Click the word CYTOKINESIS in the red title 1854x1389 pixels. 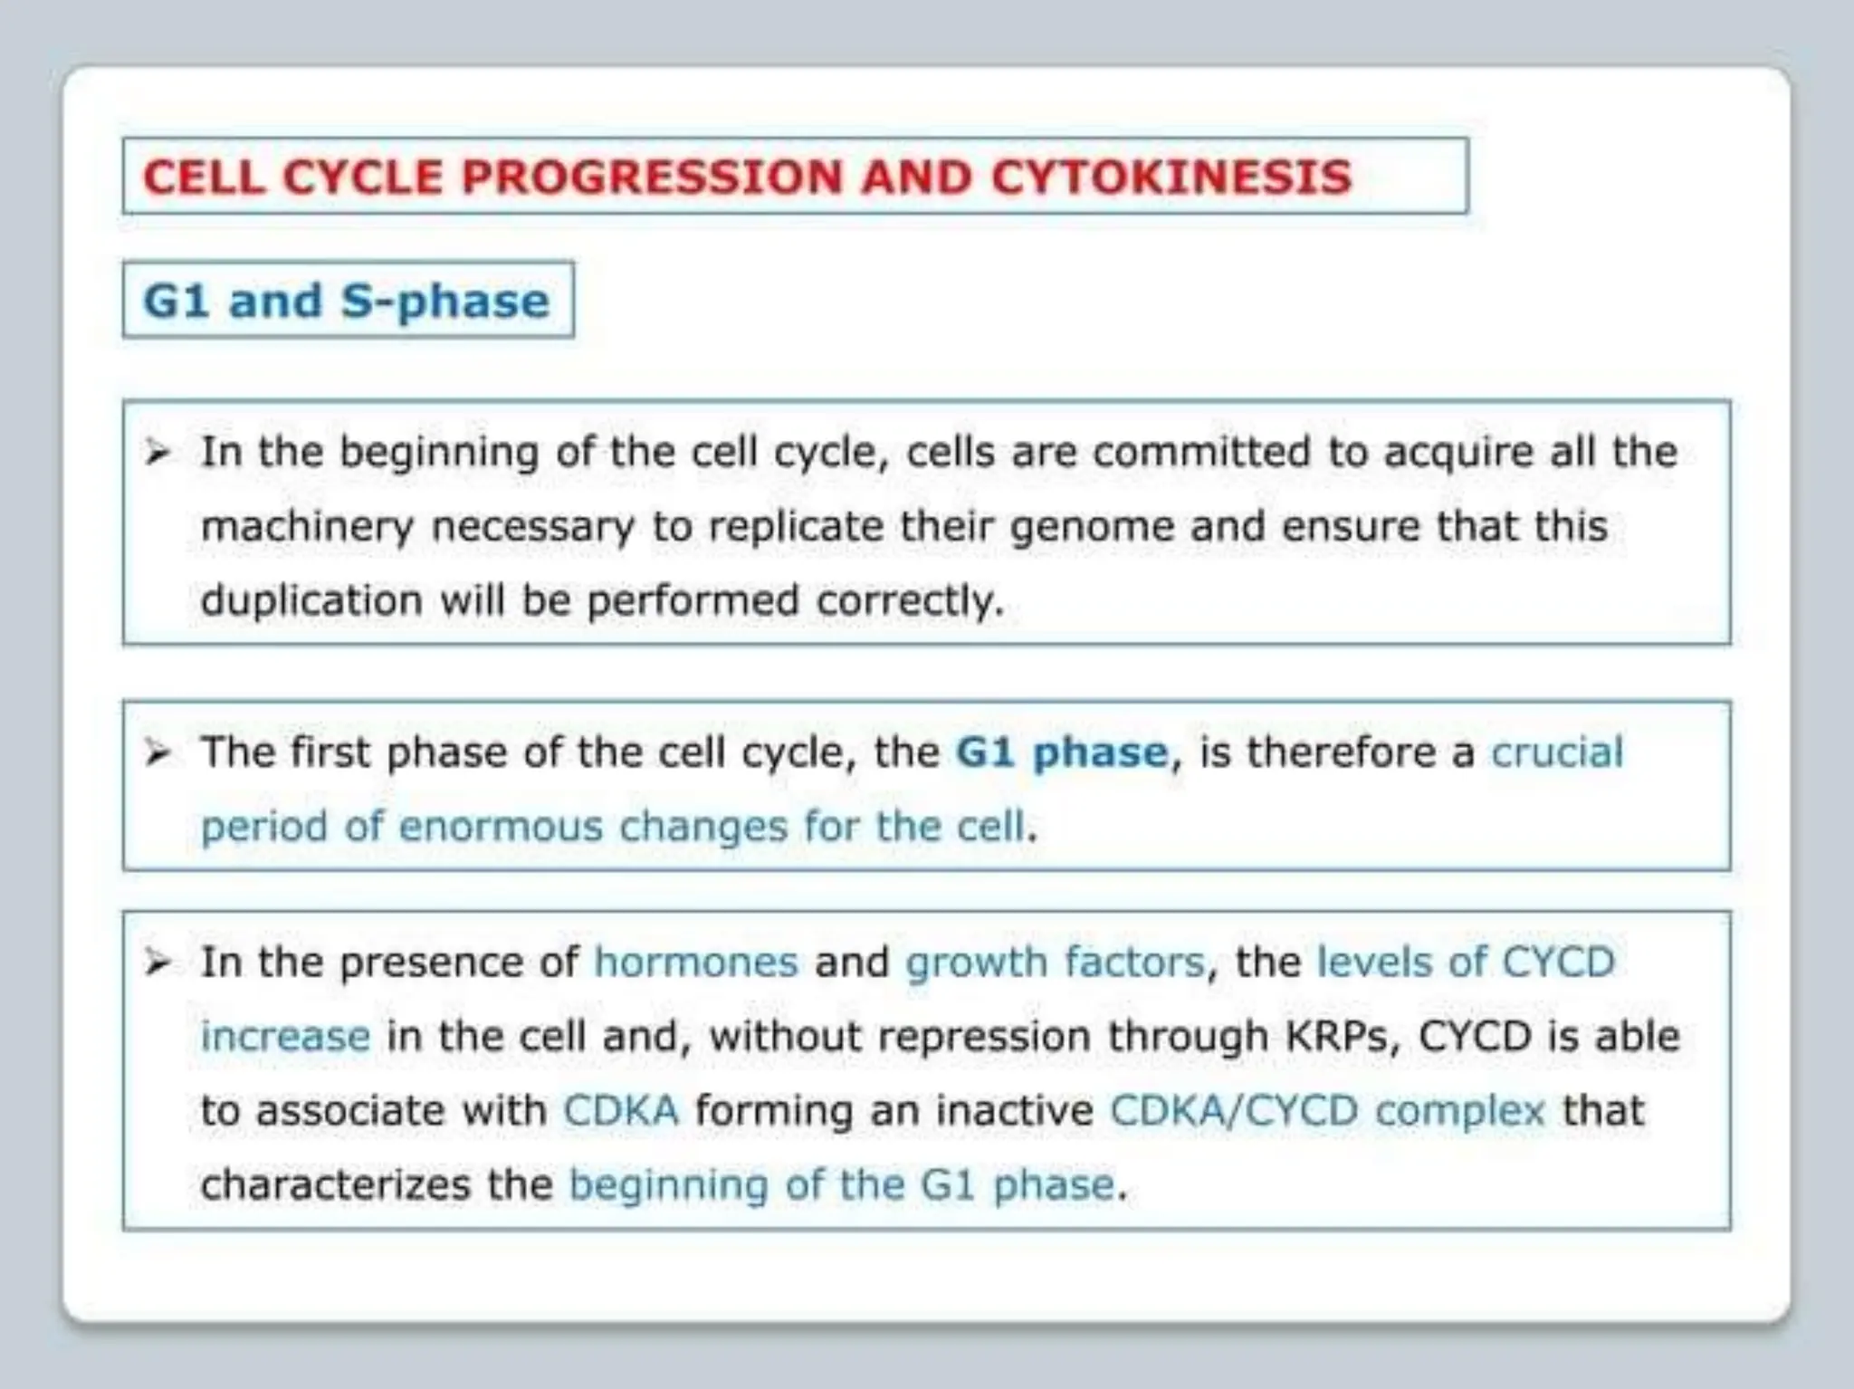point(1171,177)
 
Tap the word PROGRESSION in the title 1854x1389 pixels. point(652,177)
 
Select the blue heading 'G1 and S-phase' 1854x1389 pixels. point(347,301)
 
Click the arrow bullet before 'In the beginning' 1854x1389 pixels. point(158,452)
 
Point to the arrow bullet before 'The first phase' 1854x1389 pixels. point(158,752)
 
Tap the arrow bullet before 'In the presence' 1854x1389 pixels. point(158,963)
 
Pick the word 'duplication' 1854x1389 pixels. point(311,601)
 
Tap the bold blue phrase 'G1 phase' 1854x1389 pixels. point(1062,752)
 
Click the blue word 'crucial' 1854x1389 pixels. point(1557,752)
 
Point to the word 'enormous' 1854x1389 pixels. point(500,827)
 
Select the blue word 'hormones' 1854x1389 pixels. point(695,963)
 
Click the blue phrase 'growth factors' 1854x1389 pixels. point(1055,963)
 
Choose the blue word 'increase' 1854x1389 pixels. point(285,1037)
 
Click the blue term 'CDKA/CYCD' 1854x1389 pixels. point(1234,1111)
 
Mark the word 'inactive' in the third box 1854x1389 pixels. point(1014,1111)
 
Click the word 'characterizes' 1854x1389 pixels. point(335,1185)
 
